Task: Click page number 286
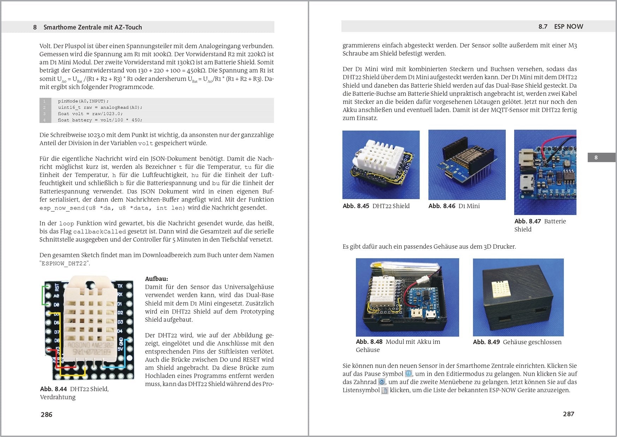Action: (46, 414)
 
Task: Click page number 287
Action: (568, 414)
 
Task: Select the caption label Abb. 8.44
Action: (53, 389)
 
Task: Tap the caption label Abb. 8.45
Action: (356, 206)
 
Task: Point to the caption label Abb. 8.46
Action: (442, 206)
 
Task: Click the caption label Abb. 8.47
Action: (527, 221)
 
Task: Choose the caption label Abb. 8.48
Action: (369, 342)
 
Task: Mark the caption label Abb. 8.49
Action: (486, 342)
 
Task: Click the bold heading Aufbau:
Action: (156, 279)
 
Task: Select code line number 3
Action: (44, 114)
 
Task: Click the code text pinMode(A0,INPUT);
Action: (83, 101)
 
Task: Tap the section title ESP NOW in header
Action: (568, 27)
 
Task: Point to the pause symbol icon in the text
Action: (408, 374)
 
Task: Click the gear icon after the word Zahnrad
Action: (382, 382)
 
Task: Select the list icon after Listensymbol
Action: (385, 390)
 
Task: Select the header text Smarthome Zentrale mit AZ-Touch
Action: (92, 27)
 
